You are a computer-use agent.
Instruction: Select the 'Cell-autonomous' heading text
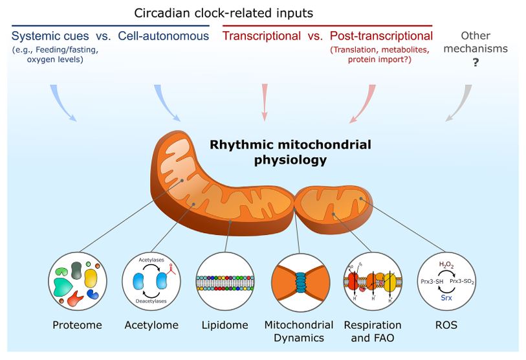coord(164,36)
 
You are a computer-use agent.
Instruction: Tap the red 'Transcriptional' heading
coord(261,36)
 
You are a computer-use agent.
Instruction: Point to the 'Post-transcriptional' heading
coord(381,36)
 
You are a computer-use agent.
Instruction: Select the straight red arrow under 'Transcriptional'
coord(264,102)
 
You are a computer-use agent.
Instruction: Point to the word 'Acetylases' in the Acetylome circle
coord(151,260)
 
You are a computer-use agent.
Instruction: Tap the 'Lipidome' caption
coord(225,325)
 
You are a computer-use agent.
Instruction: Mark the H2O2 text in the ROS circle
coord(446,264)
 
